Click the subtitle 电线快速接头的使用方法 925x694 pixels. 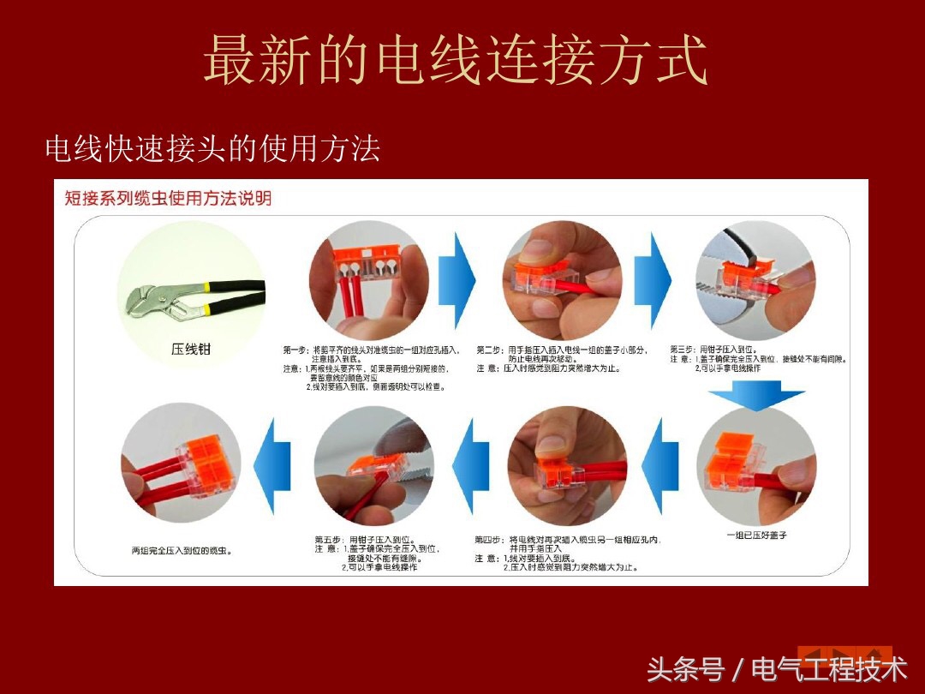(212, 150)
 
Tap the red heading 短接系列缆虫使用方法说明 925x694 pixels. (168, 199)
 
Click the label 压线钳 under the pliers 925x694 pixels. (190, 349)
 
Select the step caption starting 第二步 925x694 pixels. (561, 359)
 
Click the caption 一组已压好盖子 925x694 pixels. (755, 535)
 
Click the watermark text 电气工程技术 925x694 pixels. (828, 668)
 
